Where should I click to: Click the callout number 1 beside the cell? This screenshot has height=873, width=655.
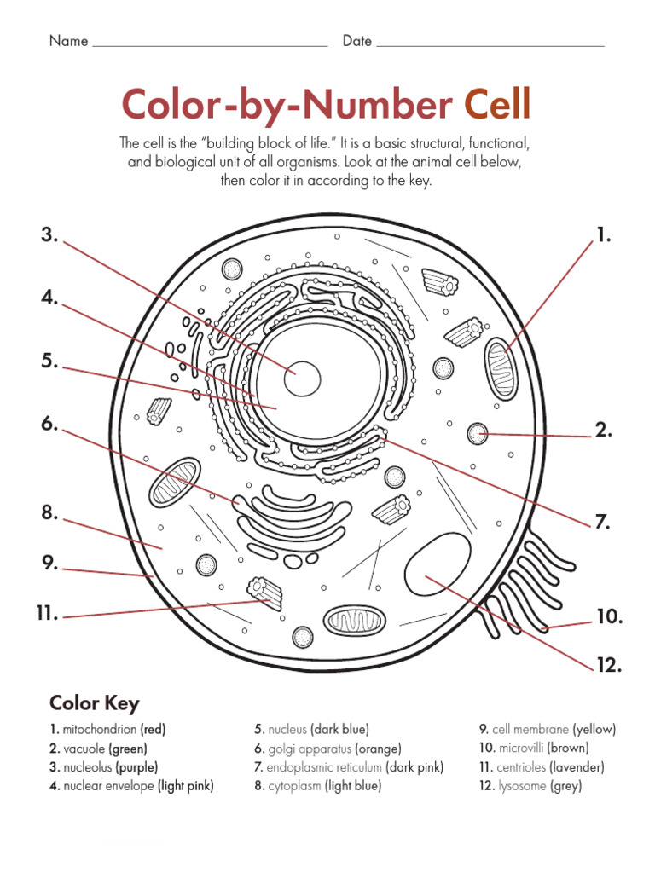(x=603, y=236)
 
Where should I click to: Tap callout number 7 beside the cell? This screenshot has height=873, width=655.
(x=603, y=522)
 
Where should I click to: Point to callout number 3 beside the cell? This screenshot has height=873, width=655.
(x=49, y=236)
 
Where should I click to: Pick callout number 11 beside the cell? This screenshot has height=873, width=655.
(x=46, y=613)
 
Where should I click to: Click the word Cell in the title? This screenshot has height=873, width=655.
(x=496, y=105)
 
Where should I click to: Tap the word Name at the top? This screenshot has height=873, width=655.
(x=68, y=41)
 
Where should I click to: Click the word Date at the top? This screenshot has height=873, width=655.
(x=356, y=41)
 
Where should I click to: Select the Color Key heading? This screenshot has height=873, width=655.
(x=94, y=703)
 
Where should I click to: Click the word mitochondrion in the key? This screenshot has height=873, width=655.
(x=101, y=730)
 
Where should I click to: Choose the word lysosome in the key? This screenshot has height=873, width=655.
(x=522, y=786)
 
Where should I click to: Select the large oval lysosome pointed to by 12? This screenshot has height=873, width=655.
(x=438, y=567)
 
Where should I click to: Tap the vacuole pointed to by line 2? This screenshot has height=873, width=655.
(x=478, y=434)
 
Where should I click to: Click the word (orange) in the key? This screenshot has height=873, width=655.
(x=377, y=749)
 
